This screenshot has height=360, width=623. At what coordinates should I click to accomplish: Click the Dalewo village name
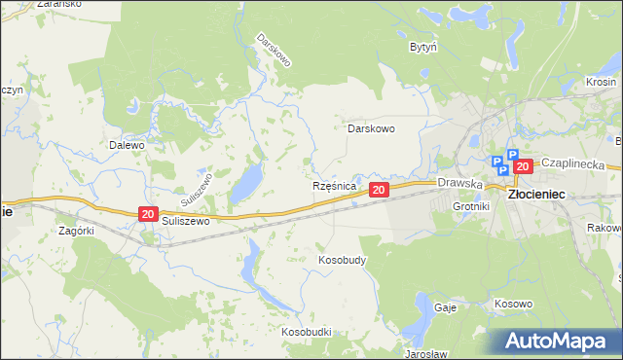[127, 145]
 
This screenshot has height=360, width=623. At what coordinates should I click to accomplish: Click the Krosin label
[602, 83]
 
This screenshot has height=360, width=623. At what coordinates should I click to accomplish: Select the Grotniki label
[471, 207]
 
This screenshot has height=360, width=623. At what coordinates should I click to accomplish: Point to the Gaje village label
[446, 306]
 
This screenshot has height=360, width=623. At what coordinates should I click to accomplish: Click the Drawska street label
[460, 182]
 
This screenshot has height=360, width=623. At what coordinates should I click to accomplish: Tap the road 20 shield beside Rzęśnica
[379, 190]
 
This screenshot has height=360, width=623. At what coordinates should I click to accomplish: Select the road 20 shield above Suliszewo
[147, 214]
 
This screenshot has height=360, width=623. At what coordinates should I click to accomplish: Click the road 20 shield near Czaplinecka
[523, 166]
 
